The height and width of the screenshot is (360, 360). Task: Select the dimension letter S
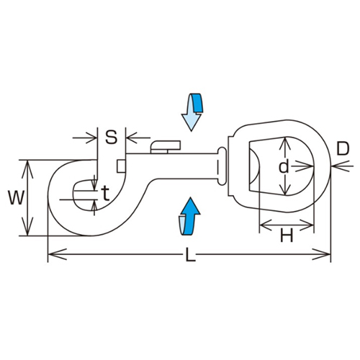pos(111,135)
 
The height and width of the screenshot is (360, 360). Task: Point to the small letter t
pos(106,192)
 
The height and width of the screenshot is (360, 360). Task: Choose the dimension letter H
pos(286,234)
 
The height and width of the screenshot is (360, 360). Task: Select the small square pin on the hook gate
pos(120,169)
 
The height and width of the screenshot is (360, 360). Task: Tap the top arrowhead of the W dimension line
pos(27,164)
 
